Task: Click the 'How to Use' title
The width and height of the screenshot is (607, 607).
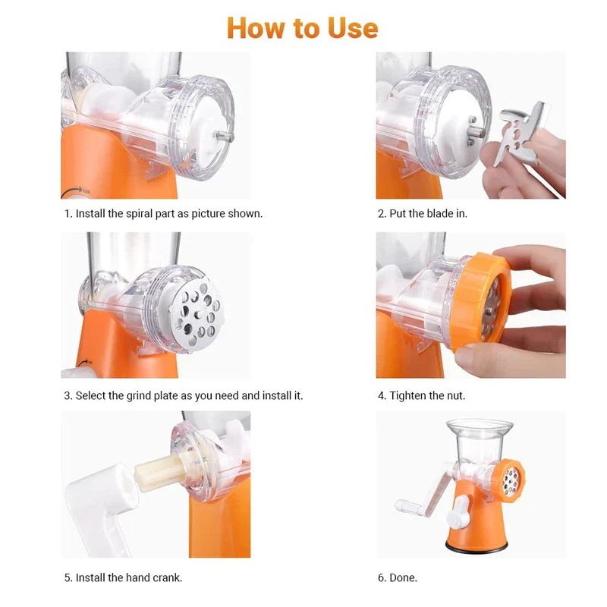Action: [302, 28]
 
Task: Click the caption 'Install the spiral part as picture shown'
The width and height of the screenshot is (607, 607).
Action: [163, 213]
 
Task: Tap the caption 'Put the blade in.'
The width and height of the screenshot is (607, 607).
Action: [423, 213]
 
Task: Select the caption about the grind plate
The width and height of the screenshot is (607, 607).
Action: [184, 395]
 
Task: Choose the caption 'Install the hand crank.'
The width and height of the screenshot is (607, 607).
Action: [123, 577]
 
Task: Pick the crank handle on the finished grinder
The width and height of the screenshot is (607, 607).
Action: [415, 504]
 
